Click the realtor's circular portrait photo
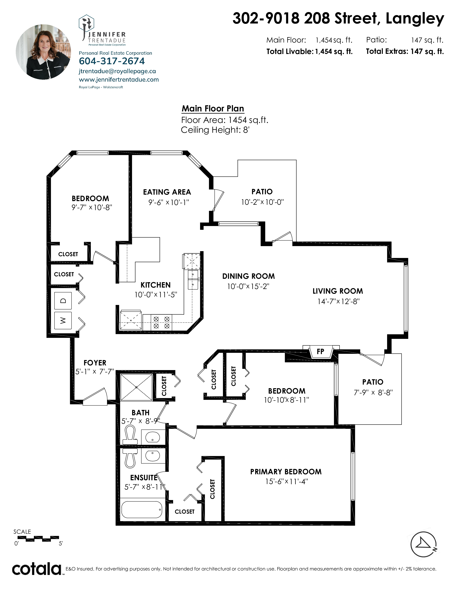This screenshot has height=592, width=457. (x=43, y=52)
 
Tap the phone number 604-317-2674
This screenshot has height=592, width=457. (x=112, y=61)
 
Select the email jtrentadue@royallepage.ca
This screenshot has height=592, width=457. (x=117, y=71)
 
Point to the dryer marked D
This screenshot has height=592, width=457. (x=63, y=301)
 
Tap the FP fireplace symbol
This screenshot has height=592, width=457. (x=321, y=352)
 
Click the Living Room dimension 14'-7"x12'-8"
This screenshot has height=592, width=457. (x=338, y=301)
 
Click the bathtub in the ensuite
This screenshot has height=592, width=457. (x=142, y=510)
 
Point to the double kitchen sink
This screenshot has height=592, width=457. (x=193, y=280)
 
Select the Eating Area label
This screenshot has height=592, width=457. (x=167, y=192)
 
